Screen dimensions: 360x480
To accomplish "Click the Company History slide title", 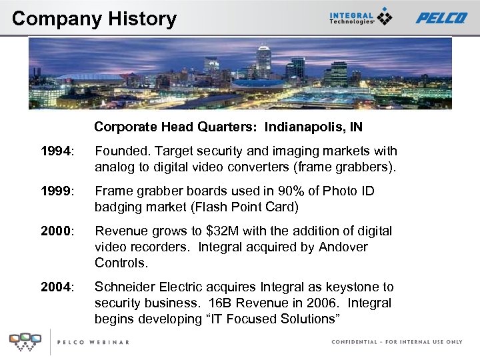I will pyautogui.click(x=94, y=18).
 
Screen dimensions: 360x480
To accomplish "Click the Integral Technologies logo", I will pyautogui.click(x=360, y=17).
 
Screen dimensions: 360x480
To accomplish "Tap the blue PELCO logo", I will pyautogui.click(x=441, y=18).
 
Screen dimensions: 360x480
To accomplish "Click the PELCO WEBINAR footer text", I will pyautogui.click(x=93, y=342).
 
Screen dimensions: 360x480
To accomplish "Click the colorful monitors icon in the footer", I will pyautogui.click(x=25, y=341).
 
